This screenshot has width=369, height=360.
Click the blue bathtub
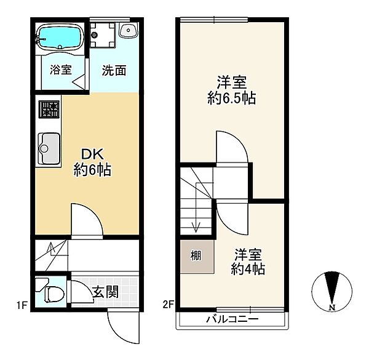pyautogui.click(x=60, y=37)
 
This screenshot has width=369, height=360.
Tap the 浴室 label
pyautogui.click(x=61, y=70)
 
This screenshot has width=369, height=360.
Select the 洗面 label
pyautogui.click(x=114, y=70)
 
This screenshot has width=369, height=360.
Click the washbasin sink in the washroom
pyautogui.click(x=128, y=30)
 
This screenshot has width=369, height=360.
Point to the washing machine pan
pyautogui.click(x=103, y=35)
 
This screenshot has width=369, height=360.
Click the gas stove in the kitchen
pyautogui.click(x=49, y=110)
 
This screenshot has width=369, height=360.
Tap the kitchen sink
pyautogui.click(x=49, y=148)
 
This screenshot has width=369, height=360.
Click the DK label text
pyautogui.click(x=92, y=154)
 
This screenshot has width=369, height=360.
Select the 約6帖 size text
pyautogui.click(x=92, y=170)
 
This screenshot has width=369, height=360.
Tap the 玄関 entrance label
pyautogui.click(x=106, y=292)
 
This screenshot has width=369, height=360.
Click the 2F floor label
pyautogui.click(x=169, y=305)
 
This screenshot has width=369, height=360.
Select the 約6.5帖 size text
pyautogui.click(x=232, y=98)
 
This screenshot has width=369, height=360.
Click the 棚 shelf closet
pyautogui.click(x=197, y=257)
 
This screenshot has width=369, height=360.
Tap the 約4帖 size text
pyautogui.click(x=248, y=269)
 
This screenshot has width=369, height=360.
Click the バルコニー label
pyautogui.click(x=232, y=319)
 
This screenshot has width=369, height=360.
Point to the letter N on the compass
pyautogui.click(x=332, y=307)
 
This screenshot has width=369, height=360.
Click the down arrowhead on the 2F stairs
pyautogui.click(x=196, y=227)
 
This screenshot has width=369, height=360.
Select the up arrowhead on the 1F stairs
pyautogui.click(x=50, y=247)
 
